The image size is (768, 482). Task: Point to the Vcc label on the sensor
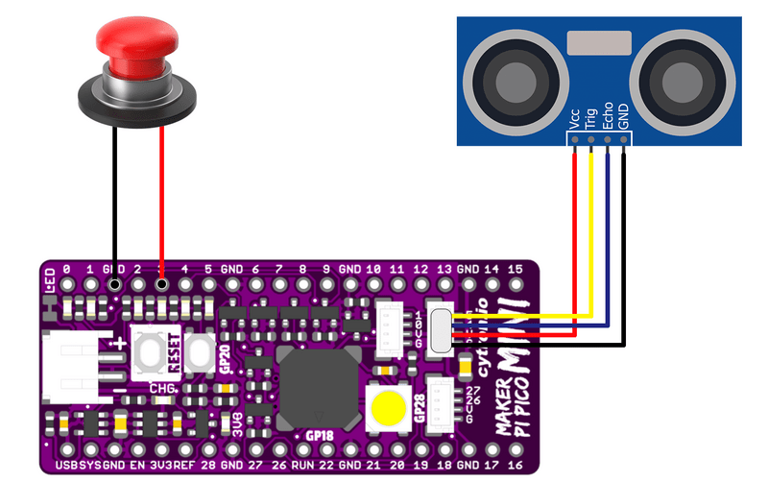pyautogui.click(x=574, y=117)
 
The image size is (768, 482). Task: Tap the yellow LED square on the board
pyautogui.click(x=388, y=407)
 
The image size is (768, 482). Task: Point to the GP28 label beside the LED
pyautogui.click(x=420, y=408)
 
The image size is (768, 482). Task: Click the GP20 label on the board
pyautogui.click(x=224, y=357)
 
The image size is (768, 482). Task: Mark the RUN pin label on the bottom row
pyautogui.click(x=301, y=466)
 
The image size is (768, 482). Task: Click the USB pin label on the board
pyautogui.click(x=66, y=466)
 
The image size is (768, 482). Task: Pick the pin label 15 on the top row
pyautogui.click(x=515, y=269)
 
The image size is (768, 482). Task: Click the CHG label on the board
pyautogui.click(x=161, y=387)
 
